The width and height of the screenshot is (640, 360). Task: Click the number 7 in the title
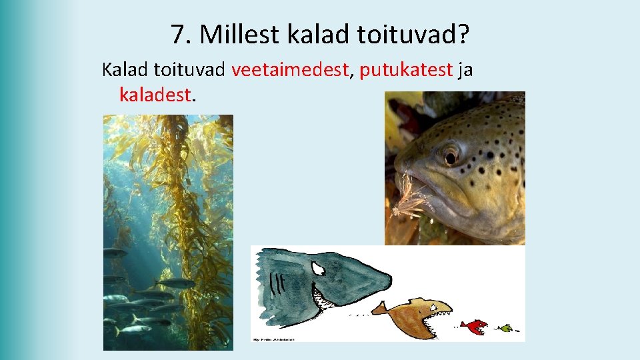click(177, 35)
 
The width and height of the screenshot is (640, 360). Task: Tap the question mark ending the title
click(463, 35)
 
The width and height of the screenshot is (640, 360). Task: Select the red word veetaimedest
click(291, 70)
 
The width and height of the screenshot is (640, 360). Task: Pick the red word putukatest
click(407, 70)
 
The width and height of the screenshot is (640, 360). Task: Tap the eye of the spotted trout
click(451, 155)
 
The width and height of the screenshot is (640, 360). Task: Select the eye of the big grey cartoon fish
click(319, 267)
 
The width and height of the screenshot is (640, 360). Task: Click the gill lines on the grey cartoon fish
click(275, 287)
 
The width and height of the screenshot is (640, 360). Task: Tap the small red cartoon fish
click(474, 326)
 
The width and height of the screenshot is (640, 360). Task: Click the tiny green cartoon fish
click(507, 328)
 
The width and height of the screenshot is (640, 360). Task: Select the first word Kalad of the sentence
click(125, 70)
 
